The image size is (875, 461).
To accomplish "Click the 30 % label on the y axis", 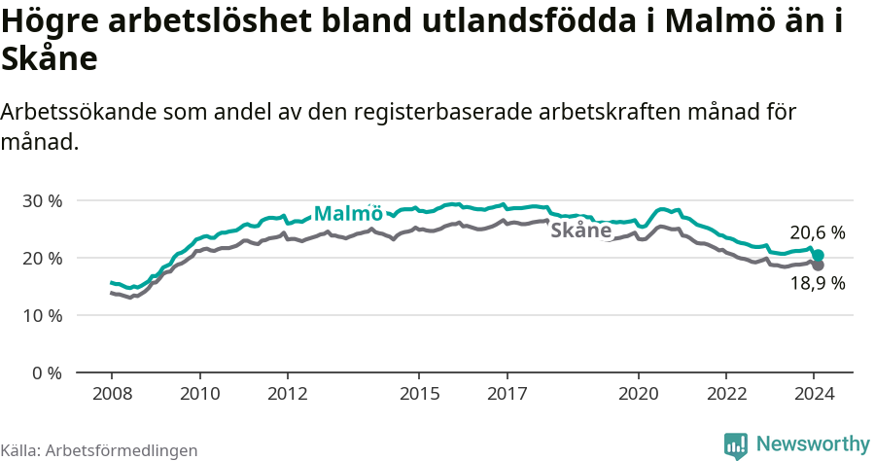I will pos(41,200).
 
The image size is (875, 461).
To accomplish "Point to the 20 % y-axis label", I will pos(41,258).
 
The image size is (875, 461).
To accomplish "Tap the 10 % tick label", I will pos(41,315).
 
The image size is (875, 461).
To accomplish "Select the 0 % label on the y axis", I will pos(46,372).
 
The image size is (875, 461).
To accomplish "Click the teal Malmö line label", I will pos(348,214).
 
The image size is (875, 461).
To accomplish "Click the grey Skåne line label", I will pos(580,230).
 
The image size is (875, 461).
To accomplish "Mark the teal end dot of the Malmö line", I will pos(818,255).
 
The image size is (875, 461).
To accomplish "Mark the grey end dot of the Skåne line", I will pos(818,265).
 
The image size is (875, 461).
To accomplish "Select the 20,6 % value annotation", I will pos(817,233).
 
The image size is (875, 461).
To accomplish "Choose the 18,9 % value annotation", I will pos(817,284).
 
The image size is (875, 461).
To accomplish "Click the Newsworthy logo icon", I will pos(736,445).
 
